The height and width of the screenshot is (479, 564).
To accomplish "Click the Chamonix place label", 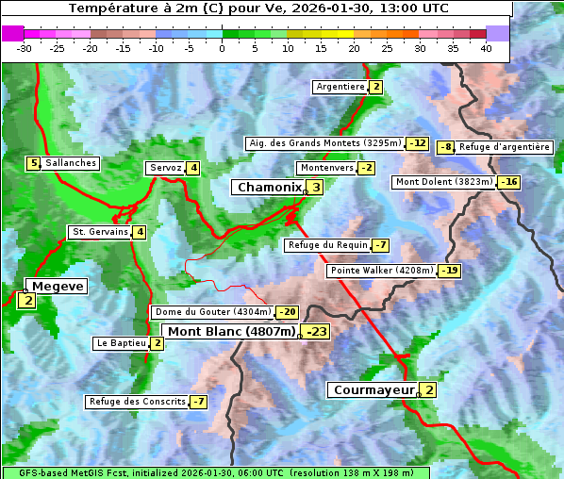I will (x=268, y=188).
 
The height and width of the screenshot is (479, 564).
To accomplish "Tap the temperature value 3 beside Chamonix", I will (x=316, y=188).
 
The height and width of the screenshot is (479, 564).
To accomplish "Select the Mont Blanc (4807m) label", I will (x=231, y=332).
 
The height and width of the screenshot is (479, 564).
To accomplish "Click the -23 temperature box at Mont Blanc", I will (x=316, y=332).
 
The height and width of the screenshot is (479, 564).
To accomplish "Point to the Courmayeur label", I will (x=373, y=390).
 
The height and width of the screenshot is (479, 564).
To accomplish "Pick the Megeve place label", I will (x=58, y=287).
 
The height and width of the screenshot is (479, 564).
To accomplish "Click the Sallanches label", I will (x=70, y=163).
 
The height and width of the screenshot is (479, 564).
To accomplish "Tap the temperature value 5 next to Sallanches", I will (x=34, y=163).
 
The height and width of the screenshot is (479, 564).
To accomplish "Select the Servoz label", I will (x=165, y=168).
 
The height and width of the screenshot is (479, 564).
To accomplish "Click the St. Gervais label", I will (x=99, y=232).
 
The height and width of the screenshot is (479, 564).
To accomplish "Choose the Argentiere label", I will (x=340, y=87).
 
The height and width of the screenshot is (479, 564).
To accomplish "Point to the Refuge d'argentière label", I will (x=504, y=147).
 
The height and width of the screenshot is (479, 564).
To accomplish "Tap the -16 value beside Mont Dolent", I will (x=509, y=182).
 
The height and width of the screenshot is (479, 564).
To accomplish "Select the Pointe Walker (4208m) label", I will (x=381, y=271).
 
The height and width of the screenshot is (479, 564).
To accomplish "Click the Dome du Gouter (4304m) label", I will (x=212, y=312).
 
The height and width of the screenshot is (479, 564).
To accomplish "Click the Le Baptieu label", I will (x=121, y=343).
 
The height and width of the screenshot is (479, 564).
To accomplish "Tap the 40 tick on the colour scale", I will (x=486, y=48).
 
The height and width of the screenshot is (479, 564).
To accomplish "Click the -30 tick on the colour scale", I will (x=25, y=48).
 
